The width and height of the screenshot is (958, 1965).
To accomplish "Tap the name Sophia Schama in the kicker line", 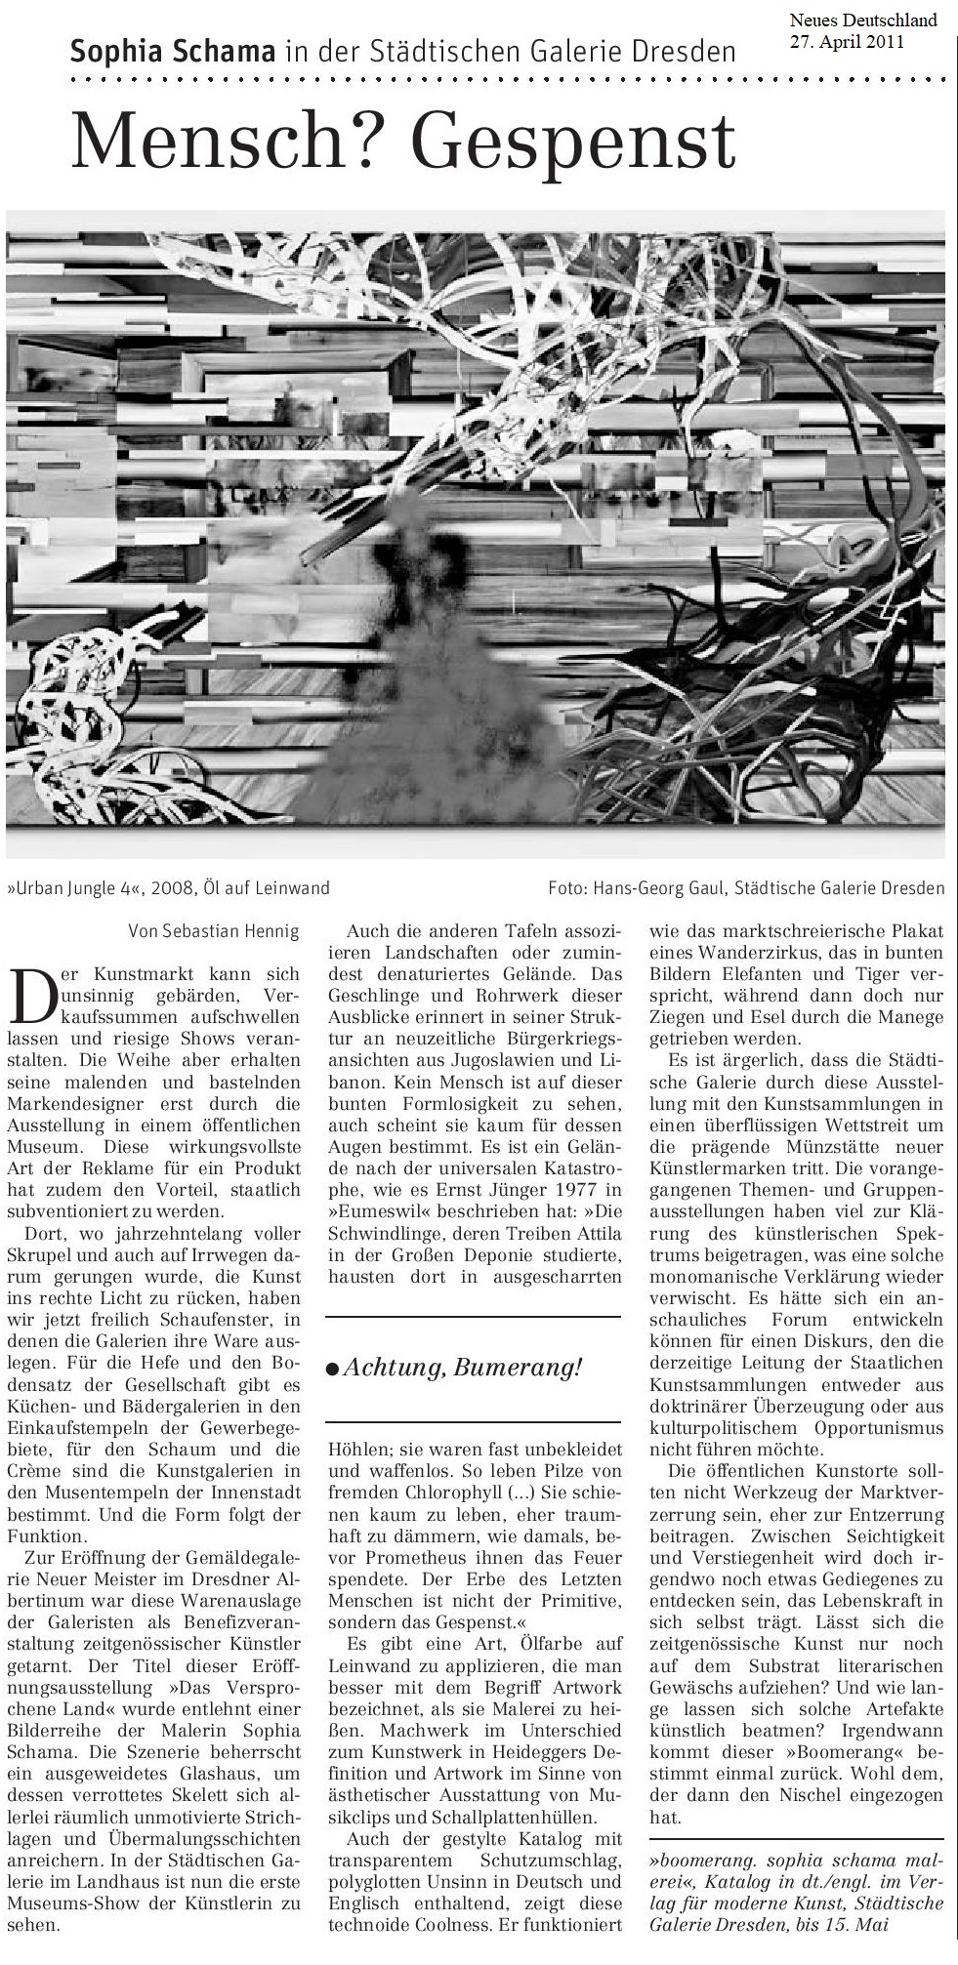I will click(172, 52).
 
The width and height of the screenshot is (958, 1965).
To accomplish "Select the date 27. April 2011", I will click(848, 41).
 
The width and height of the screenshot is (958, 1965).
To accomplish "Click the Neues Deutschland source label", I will click(862, 20).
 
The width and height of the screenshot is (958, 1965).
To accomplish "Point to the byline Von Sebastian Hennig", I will click(214, 931).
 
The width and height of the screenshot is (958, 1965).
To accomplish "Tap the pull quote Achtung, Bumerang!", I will click(463, 1367).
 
